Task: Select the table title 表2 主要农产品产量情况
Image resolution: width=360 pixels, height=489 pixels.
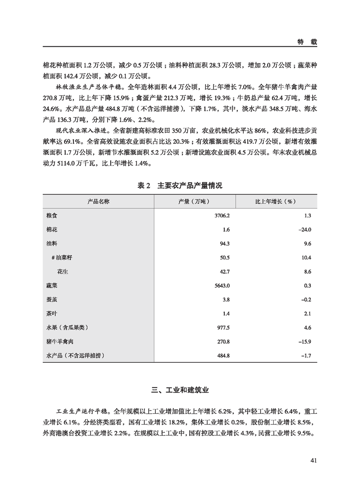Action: pos(180,186)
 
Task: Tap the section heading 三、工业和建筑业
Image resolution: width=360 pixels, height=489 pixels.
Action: pos(180,390)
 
